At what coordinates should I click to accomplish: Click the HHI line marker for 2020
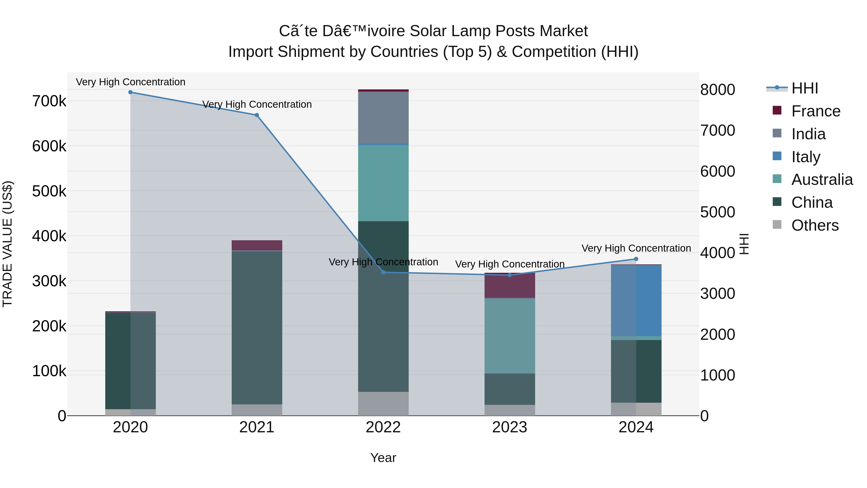130,92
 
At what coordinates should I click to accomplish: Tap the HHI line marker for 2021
257,115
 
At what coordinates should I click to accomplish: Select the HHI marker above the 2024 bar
636,259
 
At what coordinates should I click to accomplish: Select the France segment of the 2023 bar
510,286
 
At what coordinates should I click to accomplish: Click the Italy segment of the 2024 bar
636,301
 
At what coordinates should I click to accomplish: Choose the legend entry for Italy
806,157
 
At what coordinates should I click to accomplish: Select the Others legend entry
815,225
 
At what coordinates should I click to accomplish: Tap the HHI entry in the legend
804,88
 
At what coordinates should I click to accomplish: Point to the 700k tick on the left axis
49,101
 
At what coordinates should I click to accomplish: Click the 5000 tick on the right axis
717,212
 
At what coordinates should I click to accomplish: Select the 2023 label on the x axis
510,427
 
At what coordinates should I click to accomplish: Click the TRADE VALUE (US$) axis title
7,244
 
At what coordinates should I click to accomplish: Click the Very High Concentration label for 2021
257,104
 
